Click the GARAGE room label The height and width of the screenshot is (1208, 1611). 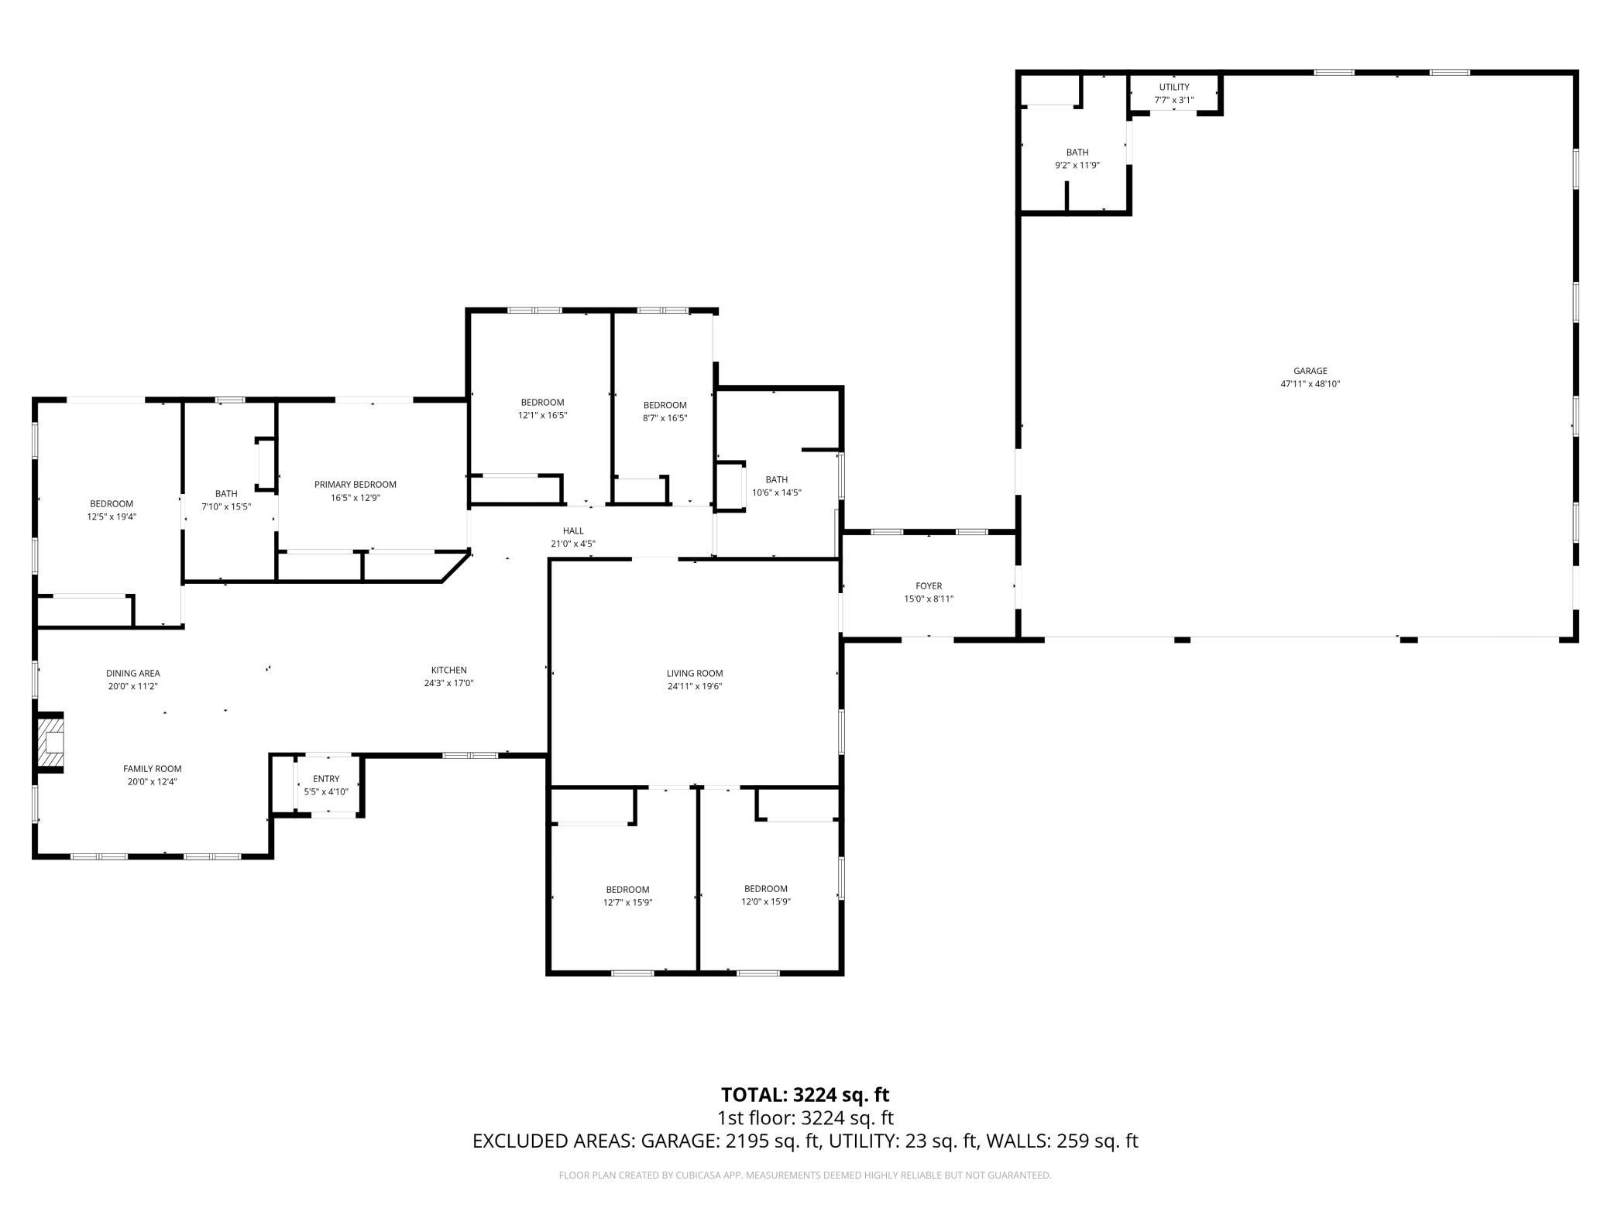(x=1310, y=371)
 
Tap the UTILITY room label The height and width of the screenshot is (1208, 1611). (x=1174, y=87)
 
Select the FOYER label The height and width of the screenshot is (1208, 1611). (x=929, y=586)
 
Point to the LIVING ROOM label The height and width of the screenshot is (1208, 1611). (x=695, y=674)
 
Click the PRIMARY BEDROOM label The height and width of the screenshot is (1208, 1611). (x=356, y=485)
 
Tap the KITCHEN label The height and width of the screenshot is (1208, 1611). (x=449, y=671)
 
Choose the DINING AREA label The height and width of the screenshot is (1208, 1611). (x=133, y=674)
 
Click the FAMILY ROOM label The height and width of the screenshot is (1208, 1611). (x=153, y=769)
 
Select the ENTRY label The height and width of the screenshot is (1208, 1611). (x=326, y=779)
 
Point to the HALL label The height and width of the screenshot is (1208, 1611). (x=573, y=531)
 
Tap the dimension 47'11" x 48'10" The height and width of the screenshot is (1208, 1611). (x=1310, y=384)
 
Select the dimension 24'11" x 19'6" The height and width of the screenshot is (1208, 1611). (x=695, y=686)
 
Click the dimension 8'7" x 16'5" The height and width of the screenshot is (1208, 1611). (x=665, y=418)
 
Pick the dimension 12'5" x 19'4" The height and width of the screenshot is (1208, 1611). (x=112, y=516)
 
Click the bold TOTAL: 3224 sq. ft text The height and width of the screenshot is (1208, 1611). (x=805, y=1095)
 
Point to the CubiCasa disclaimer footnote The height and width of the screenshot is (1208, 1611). (x=805, y=1175)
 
